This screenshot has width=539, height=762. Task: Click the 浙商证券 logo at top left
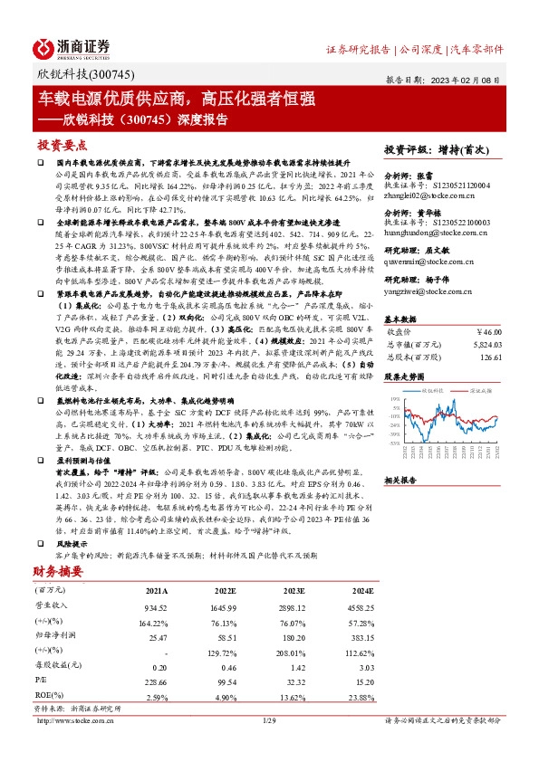point(72,47)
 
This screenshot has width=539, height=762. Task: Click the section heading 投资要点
point(62,145)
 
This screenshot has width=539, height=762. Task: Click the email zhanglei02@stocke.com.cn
point(426,195)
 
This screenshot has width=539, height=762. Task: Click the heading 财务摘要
point(56,571)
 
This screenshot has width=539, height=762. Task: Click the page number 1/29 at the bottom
point(269,720)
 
